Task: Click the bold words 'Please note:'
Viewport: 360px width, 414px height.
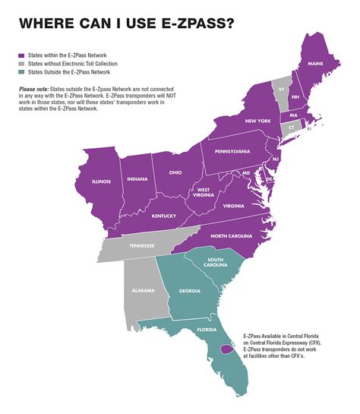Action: [x=33, y=89]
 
